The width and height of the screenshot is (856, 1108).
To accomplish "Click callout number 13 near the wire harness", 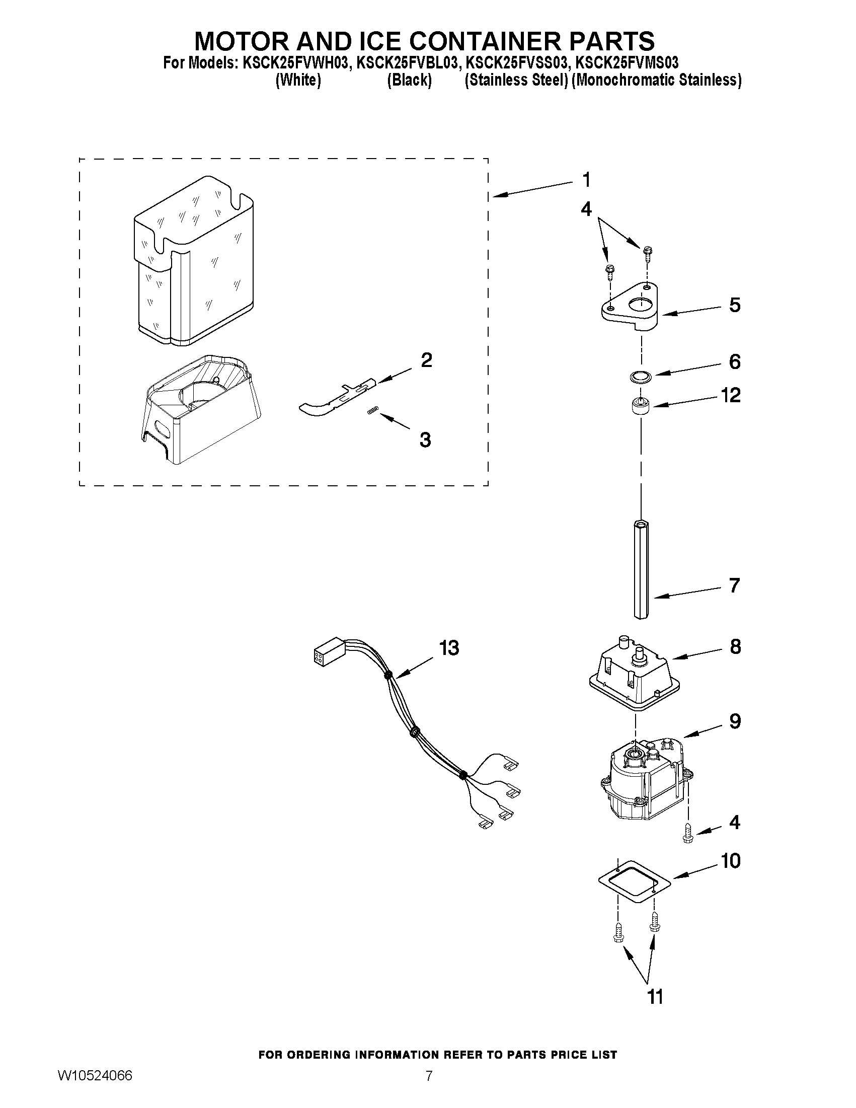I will coord(449,648).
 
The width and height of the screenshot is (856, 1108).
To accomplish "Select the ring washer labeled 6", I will coord(641,377).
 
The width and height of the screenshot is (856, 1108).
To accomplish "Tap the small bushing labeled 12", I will coord(641,407).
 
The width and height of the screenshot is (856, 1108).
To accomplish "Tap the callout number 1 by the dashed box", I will coord(586,180).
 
